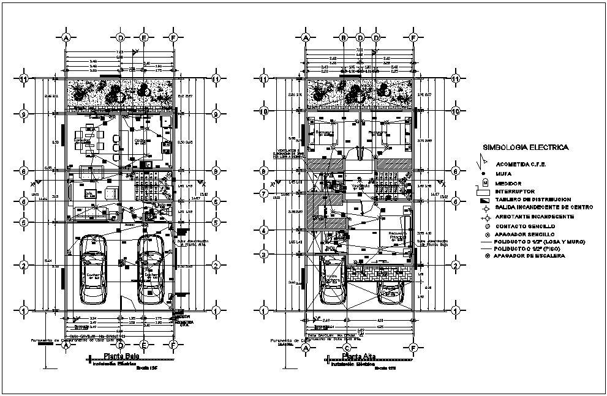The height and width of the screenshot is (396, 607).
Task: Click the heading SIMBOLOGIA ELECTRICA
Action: (x=525, y=148)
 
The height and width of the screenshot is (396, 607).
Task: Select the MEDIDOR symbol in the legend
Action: (x=484, y=182)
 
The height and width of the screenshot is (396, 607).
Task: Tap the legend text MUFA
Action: (x=508, y=174)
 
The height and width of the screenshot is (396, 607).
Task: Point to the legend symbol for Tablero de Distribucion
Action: (x=484, y=200)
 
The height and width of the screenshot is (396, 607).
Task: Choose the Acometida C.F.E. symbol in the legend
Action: (x=484, y=163)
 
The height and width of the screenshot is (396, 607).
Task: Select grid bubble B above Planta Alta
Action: (x=344, y=38)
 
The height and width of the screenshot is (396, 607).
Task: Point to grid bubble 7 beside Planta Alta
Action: (x=264, y=193)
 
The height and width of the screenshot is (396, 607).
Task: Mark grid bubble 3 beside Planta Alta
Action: (x=264, y=255)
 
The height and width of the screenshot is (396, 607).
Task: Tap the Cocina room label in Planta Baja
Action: (x=142, y=141)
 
